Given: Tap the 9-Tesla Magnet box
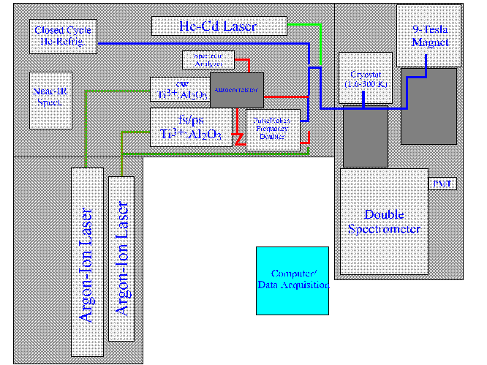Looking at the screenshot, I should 429,35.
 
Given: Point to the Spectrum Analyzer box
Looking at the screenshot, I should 208,60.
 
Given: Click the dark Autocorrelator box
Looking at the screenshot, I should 237,91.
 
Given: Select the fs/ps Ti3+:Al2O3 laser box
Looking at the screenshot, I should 191,126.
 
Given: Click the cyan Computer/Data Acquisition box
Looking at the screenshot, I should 292,281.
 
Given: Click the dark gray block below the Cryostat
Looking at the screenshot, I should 366,139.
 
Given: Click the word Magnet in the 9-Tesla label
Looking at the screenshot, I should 430,42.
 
